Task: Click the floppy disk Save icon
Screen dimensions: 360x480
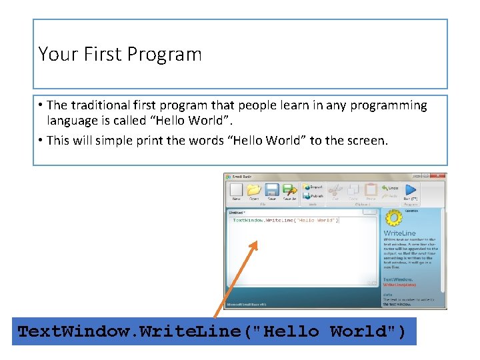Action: coord(271,190)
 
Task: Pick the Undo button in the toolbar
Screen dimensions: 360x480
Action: coord(390,188)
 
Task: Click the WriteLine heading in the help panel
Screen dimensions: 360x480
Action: coord(399,233)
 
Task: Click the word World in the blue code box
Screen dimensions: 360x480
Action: coord(358,331)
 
